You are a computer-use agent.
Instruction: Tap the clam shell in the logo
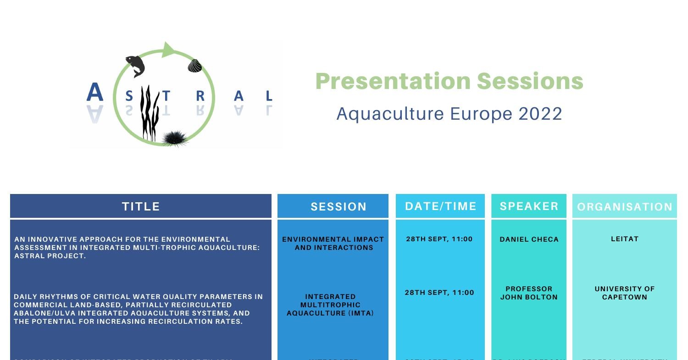pyautogui.click(x=195, y=66)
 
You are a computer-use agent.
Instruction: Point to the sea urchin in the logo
pyautogui.click(x=175, y=138)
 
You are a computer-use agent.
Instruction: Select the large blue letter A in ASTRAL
pyautogui.click(x=95, y=93)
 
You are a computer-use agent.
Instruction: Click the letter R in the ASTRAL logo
pyautogui.click(x=200, y=96)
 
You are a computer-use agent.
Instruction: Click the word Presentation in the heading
pyautogui.click(x=393, y=81)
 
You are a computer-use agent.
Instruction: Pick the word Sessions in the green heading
pyautogui.click(x=530, y=81)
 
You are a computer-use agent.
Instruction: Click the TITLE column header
pyautogui.click(x=141, y=206)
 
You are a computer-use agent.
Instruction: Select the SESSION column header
pyautogui.click(x=338, y=207)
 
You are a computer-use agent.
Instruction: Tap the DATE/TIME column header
pyautogui.click(x=440, y=206)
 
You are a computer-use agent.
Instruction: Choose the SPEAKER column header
pyautogui.click(x=529, y=206)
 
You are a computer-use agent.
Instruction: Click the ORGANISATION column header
pyautogui.click(x=625, y=207)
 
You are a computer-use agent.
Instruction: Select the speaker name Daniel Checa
pyautogui.click(x=529, y=239)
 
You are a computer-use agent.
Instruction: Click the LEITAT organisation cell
pyautogui.click(x=625, y=239)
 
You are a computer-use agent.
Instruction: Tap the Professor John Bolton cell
pyautogui.click(x=529, y=293)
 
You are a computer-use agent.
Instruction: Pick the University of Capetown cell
pyautogui.click(x=625, y=293)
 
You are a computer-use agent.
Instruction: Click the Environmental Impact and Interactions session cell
pyautogui.click(x=333, y=244)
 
